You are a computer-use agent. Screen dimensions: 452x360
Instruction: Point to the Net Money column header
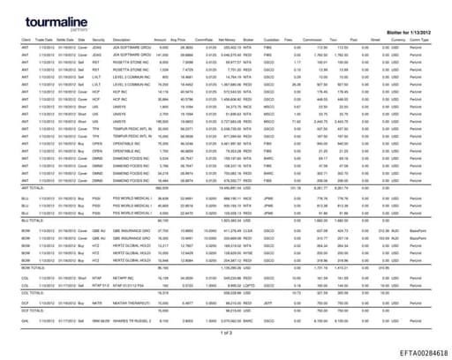[x=222, y=39]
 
